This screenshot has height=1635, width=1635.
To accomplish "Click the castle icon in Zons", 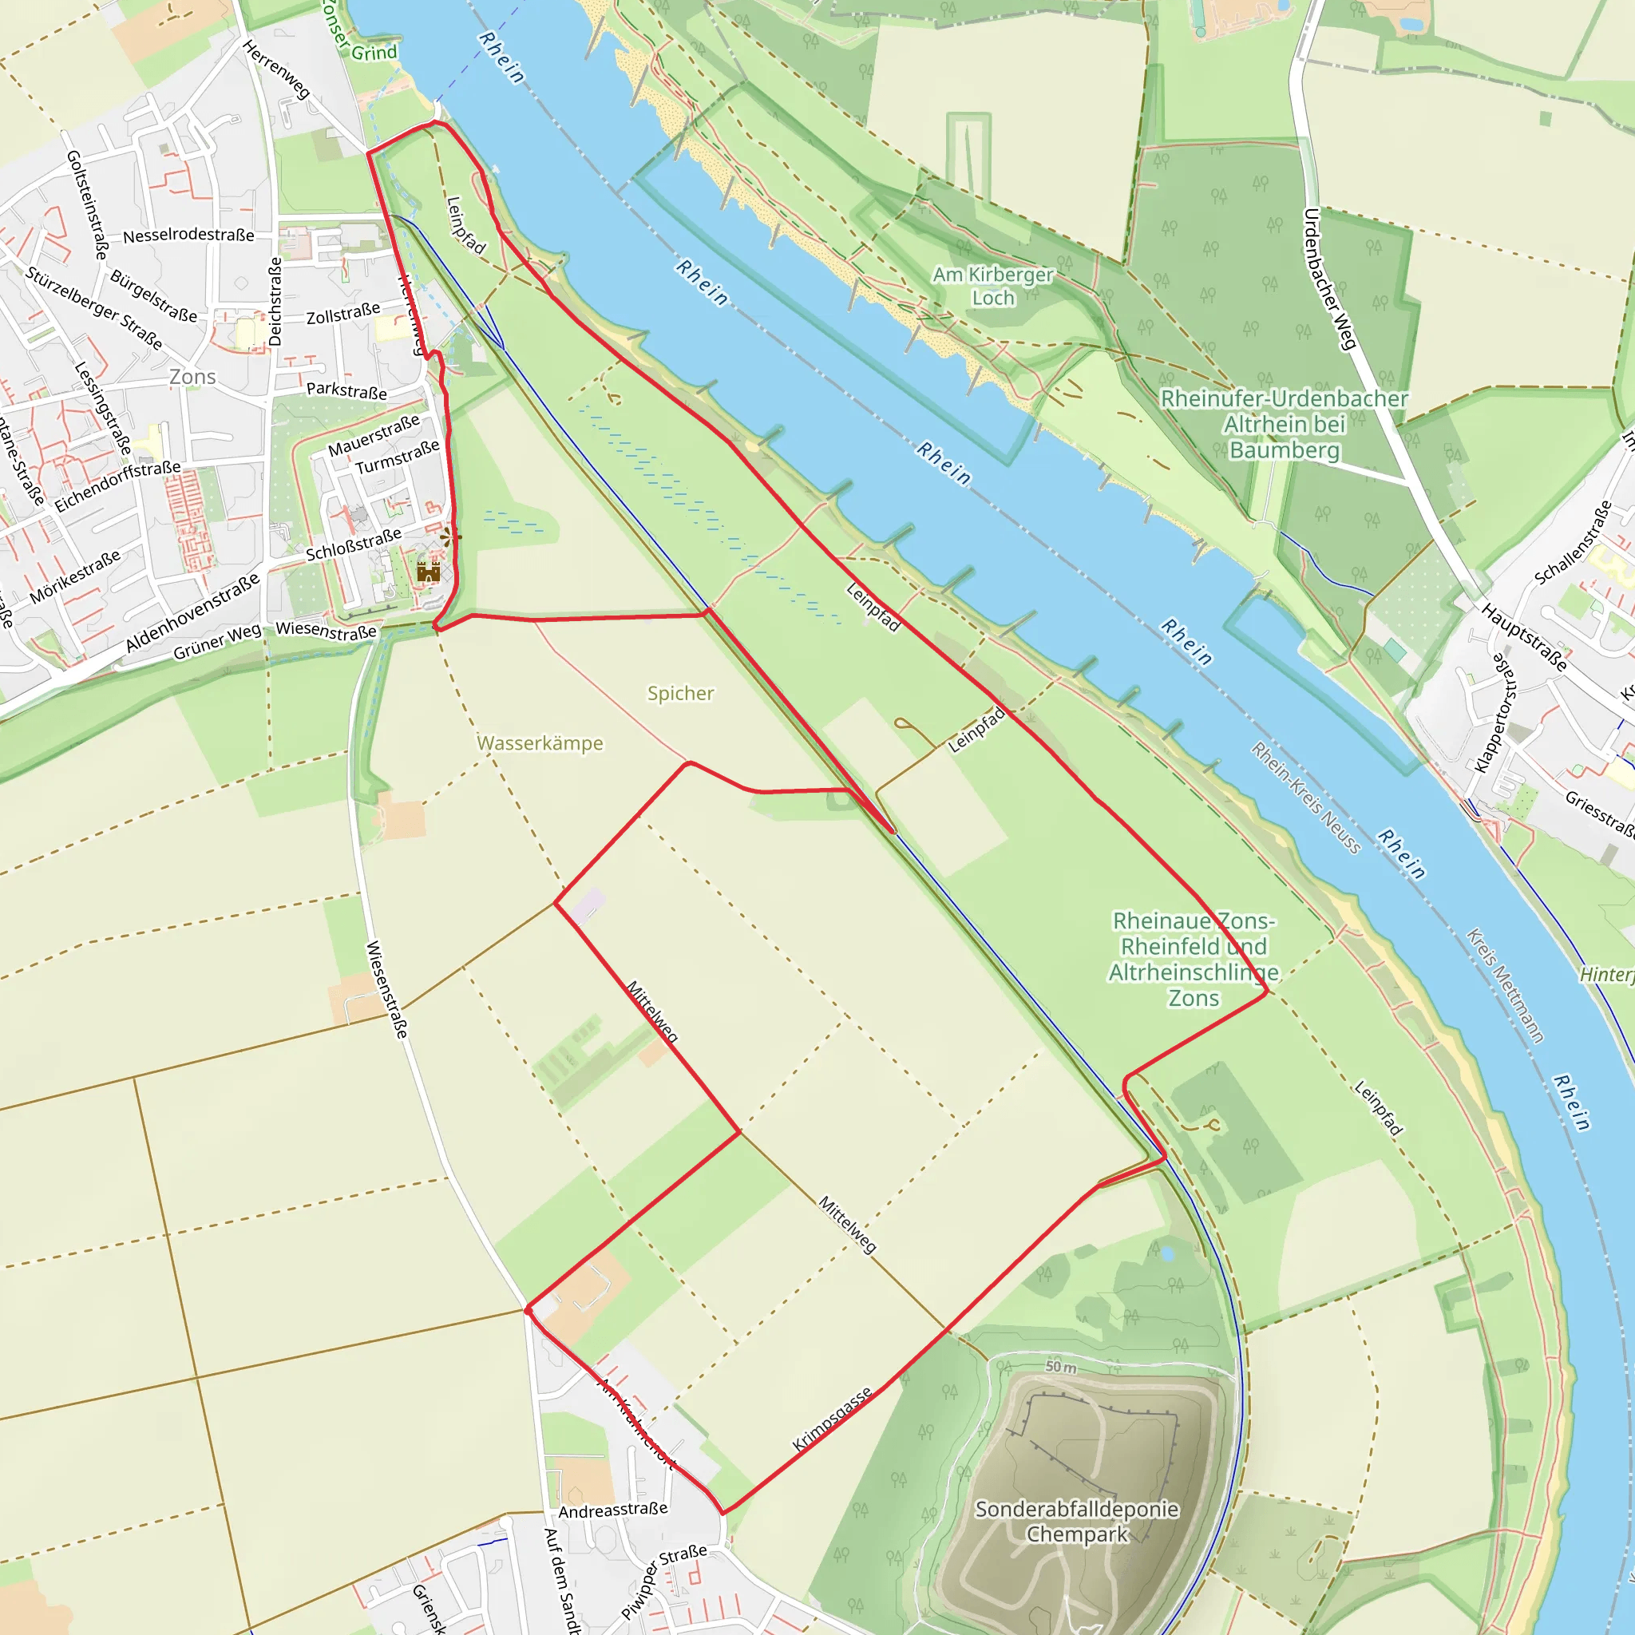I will pyautogui.click(x=428, y=572).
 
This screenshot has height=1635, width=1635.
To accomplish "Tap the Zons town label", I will pyautogui.click(x=192, y=377).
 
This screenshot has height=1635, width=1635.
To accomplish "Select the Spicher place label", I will pyautogui.click(x=680, y=693).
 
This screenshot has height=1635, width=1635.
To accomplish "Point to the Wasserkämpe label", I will pyautogui.click(x=540, y=743).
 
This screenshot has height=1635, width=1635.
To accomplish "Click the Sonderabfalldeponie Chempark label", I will pyautogui.click(x=1076, y=1521).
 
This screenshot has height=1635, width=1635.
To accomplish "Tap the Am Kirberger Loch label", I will pyautogui.click(x=992, y=286).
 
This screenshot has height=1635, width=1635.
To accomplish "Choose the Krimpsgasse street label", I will pyautogui.click(x=832, y=1419).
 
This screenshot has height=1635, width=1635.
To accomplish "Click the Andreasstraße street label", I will pyautogui.click(x=612, y=1510).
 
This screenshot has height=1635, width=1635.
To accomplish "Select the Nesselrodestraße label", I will pyautogui.click(x=188, y=236).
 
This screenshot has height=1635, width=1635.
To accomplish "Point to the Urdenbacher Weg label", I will pyautogui.click(x=1329, y=279).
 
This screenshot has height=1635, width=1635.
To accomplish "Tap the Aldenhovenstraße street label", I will pyautogui.click(x=193, y=612).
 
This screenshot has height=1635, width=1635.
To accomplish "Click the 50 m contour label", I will pyautogui.click(x=1060, y=1367).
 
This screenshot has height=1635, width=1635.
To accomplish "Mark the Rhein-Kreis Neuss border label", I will pyautogui.click(x=1306, y=798).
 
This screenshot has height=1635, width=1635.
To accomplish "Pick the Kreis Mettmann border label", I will pyautogui.click(x=1505, y=985).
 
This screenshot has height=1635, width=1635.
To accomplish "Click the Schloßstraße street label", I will pyautogui.click(x=354, y=545).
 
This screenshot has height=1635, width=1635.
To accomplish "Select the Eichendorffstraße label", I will pyautogui.click(x=117, y=487).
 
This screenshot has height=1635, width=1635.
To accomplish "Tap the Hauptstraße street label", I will pyautogui.click(x=1524, y=636).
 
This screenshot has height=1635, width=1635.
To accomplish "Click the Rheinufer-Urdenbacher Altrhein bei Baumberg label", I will pyautogui.click(x=1284, y=424).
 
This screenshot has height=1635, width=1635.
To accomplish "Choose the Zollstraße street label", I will pyautogui.click(x=342, y=314).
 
